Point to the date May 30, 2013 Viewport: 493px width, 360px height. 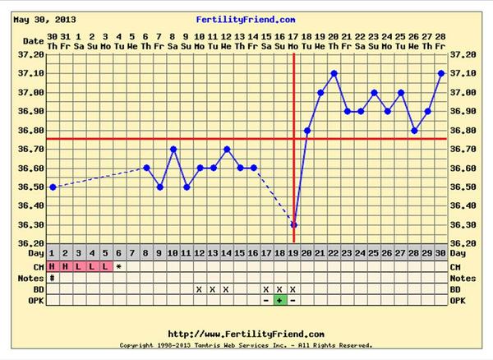tap(44, 18)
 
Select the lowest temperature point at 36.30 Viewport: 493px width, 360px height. tap(294, 224)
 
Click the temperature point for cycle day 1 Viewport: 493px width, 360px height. tap(53, 187)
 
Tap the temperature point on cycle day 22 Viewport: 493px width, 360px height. tap(334, 73)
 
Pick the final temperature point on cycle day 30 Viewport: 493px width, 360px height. tap(441, 73)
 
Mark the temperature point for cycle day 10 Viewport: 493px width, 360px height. tap(173, 150)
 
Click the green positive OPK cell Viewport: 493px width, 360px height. tap(280, 300)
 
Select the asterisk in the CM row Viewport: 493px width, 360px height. tap(119, 267)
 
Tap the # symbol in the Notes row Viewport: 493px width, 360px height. tap(53, 278)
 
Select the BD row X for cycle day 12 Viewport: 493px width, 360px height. tap(200, 289)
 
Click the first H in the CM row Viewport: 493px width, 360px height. tap(53, 266)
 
